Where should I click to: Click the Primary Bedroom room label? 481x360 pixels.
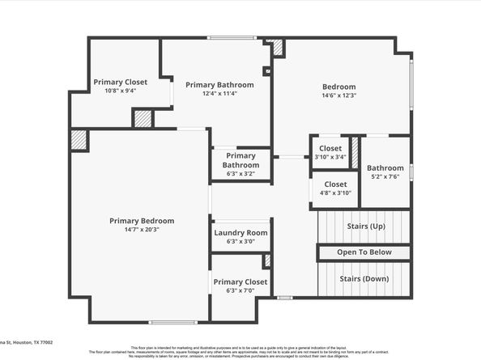coord(142,220)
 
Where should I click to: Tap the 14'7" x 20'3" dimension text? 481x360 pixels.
coord(142,230)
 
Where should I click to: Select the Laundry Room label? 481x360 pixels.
coord(240,233)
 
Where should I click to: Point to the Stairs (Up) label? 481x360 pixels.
coord(365,226)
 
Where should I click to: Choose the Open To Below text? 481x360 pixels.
coord(364,252)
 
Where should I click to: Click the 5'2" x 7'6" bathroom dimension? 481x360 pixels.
coord(386,177)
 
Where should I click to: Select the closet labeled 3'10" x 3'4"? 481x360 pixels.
coord(330,157)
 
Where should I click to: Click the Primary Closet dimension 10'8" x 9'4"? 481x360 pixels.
coord(121,91)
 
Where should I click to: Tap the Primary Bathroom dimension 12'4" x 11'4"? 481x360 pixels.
coord(219,94)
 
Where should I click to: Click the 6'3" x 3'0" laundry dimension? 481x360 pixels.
coord(240,242)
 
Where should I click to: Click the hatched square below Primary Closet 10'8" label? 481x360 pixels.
coord(143,118)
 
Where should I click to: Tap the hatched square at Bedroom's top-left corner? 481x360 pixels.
coord(278,48)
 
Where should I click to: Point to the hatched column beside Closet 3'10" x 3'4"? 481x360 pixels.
coord(354,156)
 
